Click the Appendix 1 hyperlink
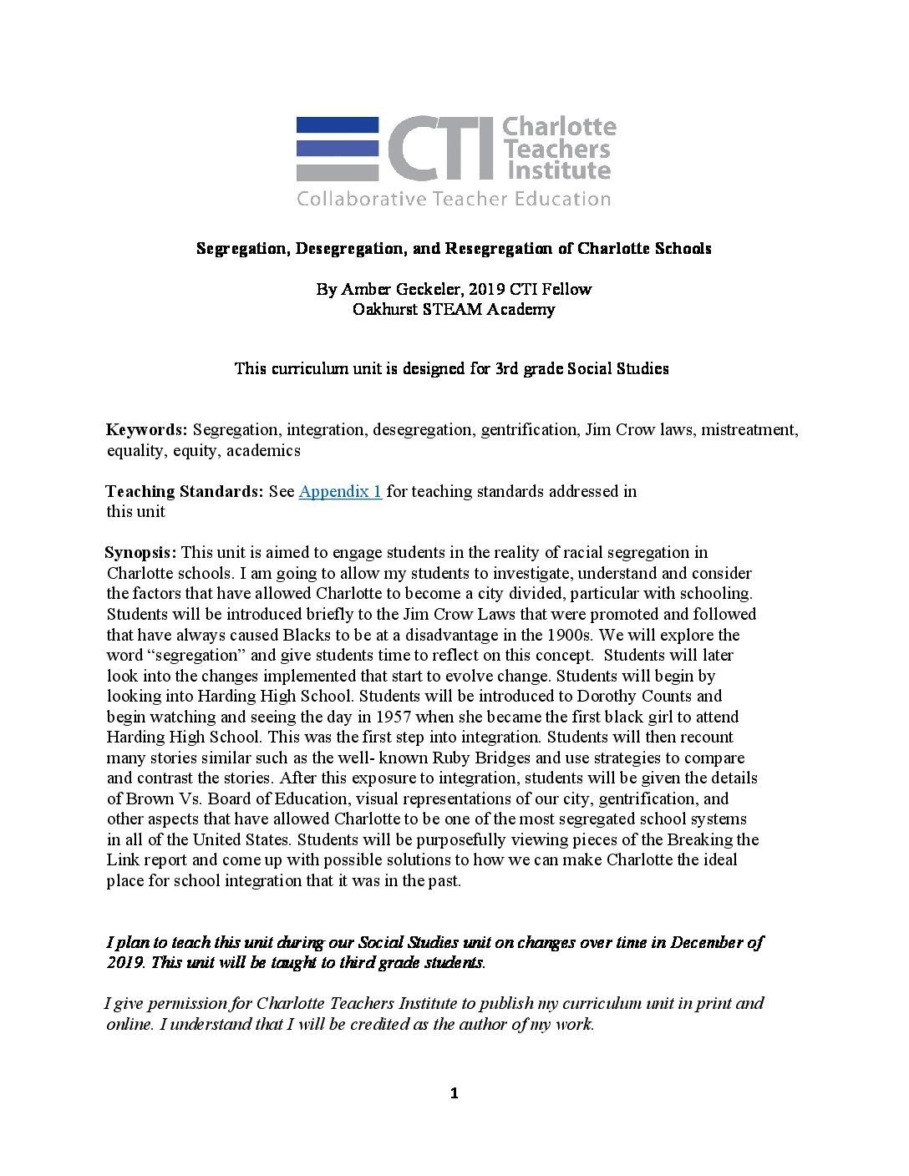(340, 491)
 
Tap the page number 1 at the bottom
(454, 1093)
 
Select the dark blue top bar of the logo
(338, 125)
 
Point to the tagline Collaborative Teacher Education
(454, 199)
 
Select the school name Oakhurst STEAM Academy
(454, 309)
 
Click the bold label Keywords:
(146, 430)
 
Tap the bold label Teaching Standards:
(184, 491)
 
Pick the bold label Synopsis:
(140, 552)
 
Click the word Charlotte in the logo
(559, 127)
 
